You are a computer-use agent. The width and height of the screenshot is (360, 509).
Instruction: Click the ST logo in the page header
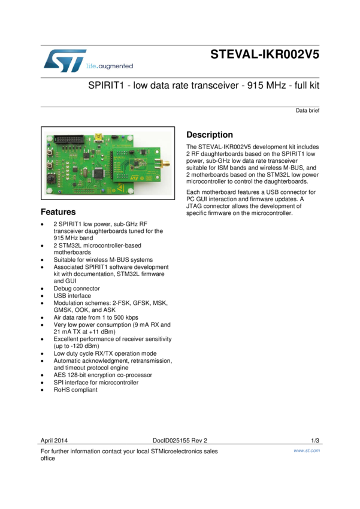(x=64, y=60)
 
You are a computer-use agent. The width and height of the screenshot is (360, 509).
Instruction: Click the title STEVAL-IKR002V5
(x=265, y=54)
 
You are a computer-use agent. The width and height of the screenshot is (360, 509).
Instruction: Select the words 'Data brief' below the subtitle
(x=307, y=111)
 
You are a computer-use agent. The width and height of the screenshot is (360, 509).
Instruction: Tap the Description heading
(x=210, y=135)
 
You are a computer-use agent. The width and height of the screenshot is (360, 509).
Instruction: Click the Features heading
(x=58, y=212)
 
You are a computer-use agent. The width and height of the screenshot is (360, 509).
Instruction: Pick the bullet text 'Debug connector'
(x=77, y=289)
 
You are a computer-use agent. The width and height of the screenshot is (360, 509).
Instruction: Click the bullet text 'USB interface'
(x=72, y=296)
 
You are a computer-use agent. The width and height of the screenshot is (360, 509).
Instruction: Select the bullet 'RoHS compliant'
(x=75, y=390)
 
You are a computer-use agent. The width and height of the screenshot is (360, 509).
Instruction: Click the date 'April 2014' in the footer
(x=54, y=440)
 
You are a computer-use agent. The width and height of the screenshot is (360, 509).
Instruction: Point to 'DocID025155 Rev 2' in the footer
(x=180, y=440)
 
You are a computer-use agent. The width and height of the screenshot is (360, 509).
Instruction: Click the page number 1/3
(x=315, y=440)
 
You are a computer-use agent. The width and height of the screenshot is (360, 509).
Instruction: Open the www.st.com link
(x=307, y=450)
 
